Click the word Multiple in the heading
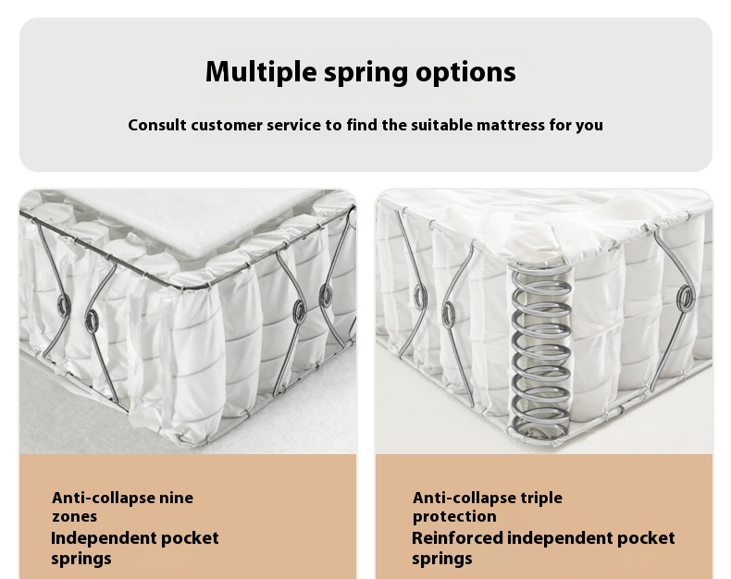[x=261, y=72]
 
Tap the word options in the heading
[x=465, y=72]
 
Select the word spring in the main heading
[x=366, y=73]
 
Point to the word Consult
[x=157, y=125]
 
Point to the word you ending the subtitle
[x=589, y=127]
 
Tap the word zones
[x=75, y=516]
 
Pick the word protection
[x=454, y=516]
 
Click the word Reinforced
[x=457, y=538]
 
